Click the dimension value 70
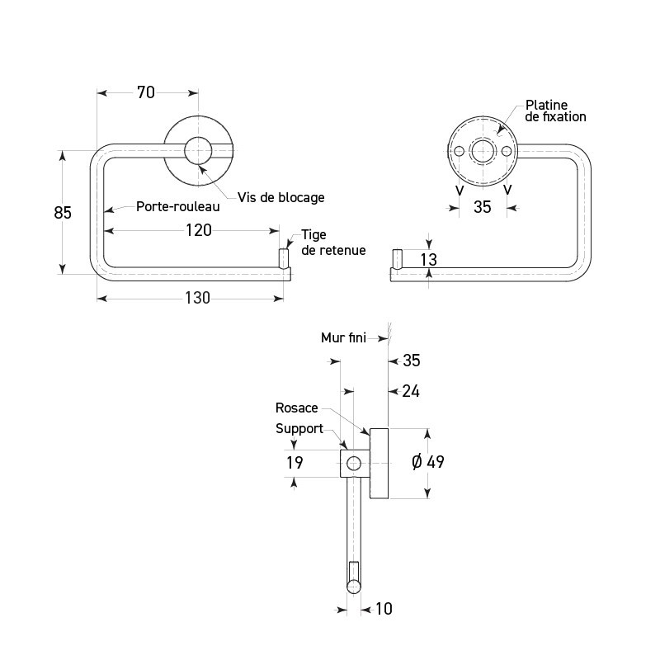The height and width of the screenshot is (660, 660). coord(145,92)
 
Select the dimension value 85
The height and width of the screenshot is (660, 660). coord(63,213)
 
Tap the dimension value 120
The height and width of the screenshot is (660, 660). coord(197,230)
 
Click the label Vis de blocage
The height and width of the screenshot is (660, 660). coord(280,198)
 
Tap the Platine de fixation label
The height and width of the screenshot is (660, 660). coord(555,111)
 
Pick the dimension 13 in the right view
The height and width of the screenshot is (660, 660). coord(428,260)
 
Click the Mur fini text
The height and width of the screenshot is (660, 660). coord(343,337)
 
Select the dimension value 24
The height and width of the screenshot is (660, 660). coord(411,391)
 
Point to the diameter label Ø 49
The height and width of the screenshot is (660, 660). coord(427,462)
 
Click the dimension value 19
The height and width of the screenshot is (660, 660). coord(295,463)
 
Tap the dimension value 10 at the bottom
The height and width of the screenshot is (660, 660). coord(383,609)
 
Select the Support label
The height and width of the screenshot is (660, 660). coord(299,429)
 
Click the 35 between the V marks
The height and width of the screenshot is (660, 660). coord(483,207)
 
